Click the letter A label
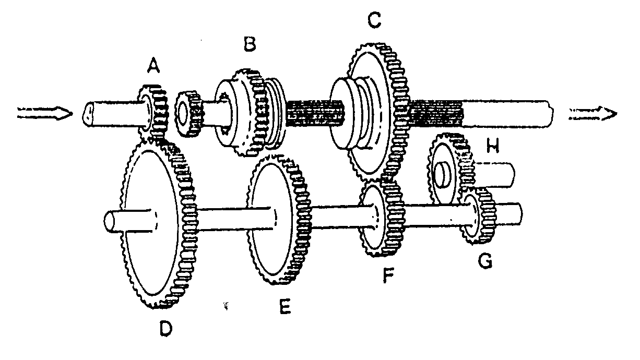click(x=153, y=66)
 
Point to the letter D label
click(x=166, y=328)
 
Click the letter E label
click(x=285, y=306)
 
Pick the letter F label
click(x=388, y=275)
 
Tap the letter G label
click(x=485, y=261)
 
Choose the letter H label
click(x=493, y=146)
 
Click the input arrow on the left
click(x=45, y=113)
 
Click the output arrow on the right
click(x=593, y=114)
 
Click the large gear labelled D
click(x=159, y=224)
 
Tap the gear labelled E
click(x=279, y=220)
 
